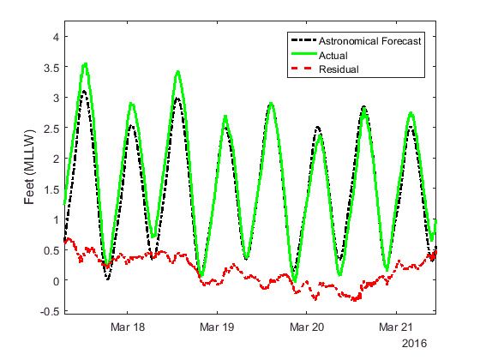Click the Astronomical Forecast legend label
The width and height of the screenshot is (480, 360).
(x=369, y=41)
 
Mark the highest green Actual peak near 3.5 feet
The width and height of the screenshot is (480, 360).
(x=85, y=63)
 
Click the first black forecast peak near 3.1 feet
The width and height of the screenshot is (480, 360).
(x=83, y=91)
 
